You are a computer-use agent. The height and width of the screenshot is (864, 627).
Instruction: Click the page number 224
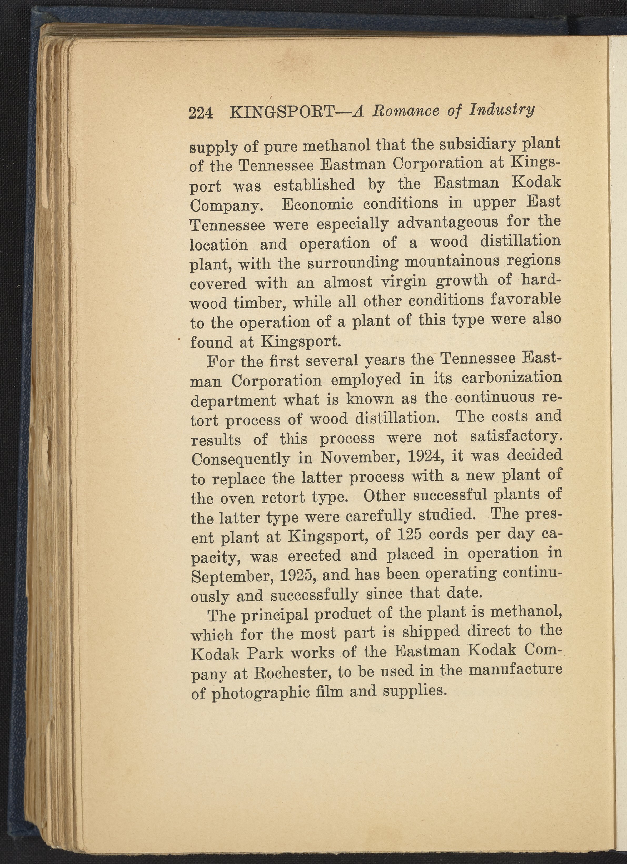[x=200, y=113]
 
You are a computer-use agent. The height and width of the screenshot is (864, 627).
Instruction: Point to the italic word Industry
[x=502, y=110]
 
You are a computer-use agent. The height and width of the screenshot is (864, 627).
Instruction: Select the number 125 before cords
[x=408, y=535]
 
